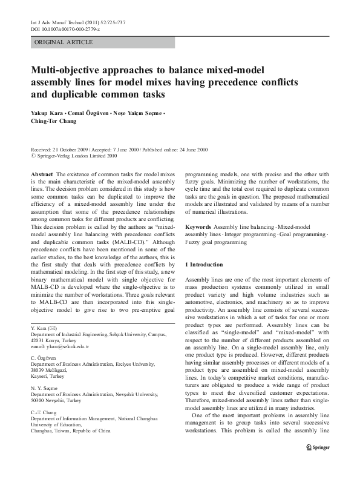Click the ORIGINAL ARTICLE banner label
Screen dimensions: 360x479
point(64,42)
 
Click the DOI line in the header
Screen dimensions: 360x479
point(65,28)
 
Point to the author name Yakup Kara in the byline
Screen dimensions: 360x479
point(47,113)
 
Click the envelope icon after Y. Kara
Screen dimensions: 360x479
point(53,327)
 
